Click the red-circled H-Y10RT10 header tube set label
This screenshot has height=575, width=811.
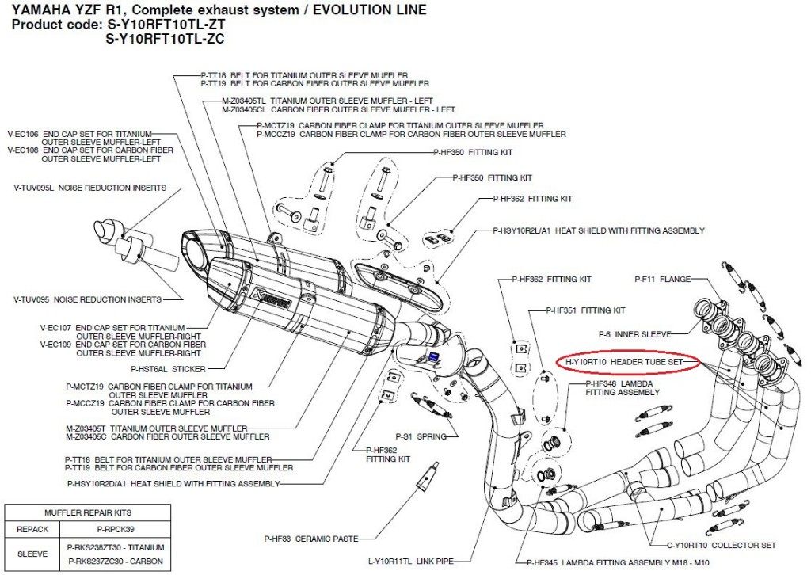click(x=624, y=362)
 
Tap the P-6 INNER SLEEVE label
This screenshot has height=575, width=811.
click(x=634, y=334)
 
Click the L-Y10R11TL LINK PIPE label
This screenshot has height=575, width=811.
click(x=411, y=561)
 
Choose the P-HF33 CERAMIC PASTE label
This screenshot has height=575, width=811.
click(x=311, y=539)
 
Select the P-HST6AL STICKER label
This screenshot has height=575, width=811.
click(x=168, y=369)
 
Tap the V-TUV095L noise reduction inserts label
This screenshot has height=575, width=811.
click(x=90, y=188)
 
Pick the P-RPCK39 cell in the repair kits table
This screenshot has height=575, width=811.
click(x=116, y=530)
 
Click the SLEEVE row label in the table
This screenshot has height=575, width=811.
click(x=32, y=554)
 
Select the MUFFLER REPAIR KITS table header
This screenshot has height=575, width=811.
click(x=88, y=513)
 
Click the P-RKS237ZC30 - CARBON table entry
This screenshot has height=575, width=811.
click(x=116, y=561)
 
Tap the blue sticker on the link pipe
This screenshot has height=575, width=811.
click(x=433, y=357)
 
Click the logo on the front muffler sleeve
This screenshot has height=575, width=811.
click(x=269, y=299)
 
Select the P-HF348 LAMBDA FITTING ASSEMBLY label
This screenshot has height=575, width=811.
click(x=623, y=388)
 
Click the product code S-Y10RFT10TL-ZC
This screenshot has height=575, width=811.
click(x=165, y=39)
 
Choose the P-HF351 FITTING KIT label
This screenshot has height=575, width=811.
click(x=585, y=310)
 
